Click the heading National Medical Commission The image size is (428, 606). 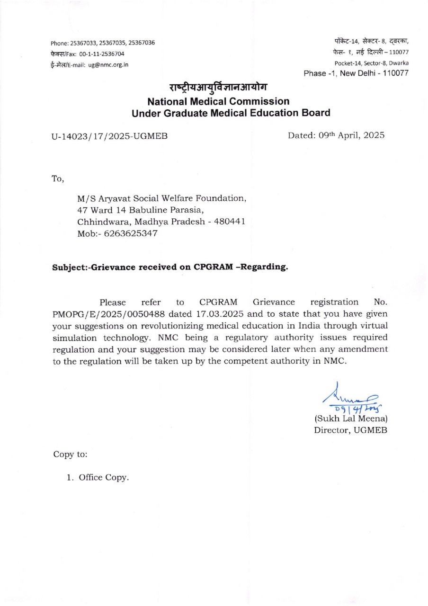(x=218, y=101)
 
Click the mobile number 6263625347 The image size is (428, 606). (x=131, y=234)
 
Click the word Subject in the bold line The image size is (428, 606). (x=70, y=267)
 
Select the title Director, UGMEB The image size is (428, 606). (x=351, y=430)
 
